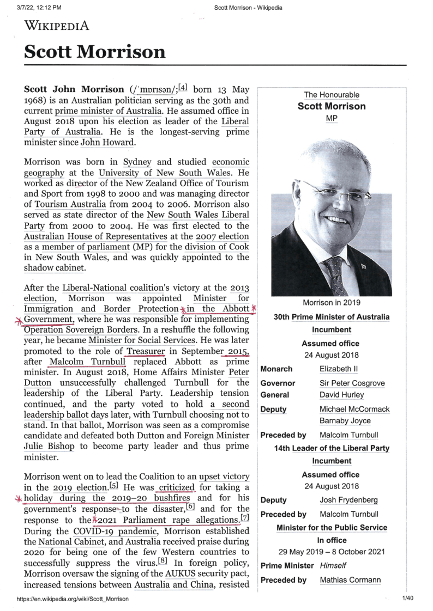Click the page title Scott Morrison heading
[x=95, y=51]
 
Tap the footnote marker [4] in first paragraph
[x=183, y=88]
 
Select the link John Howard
[x=107, y=143]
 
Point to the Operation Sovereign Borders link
[x=80, y=330]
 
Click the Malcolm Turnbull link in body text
[x=88, y=362]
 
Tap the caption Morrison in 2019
[x=332, y=303]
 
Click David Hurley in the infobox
[x=342, y=395]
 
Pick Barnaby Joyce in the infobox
[x=345, y=421]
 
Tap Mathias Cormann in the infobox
[x=350, y=580]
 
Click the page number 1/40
[x=408, y=599]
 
